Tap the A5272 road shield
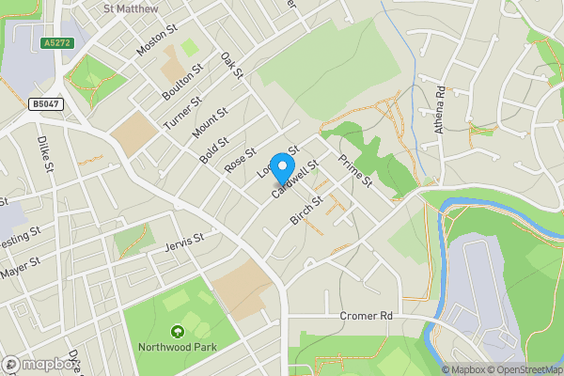click(57, 43)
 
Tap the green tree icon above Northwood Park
click(177, 331)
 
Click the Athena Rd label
click(440, 109)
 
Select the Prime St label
click(356, 169)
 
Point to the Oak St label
click(231, 66)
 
